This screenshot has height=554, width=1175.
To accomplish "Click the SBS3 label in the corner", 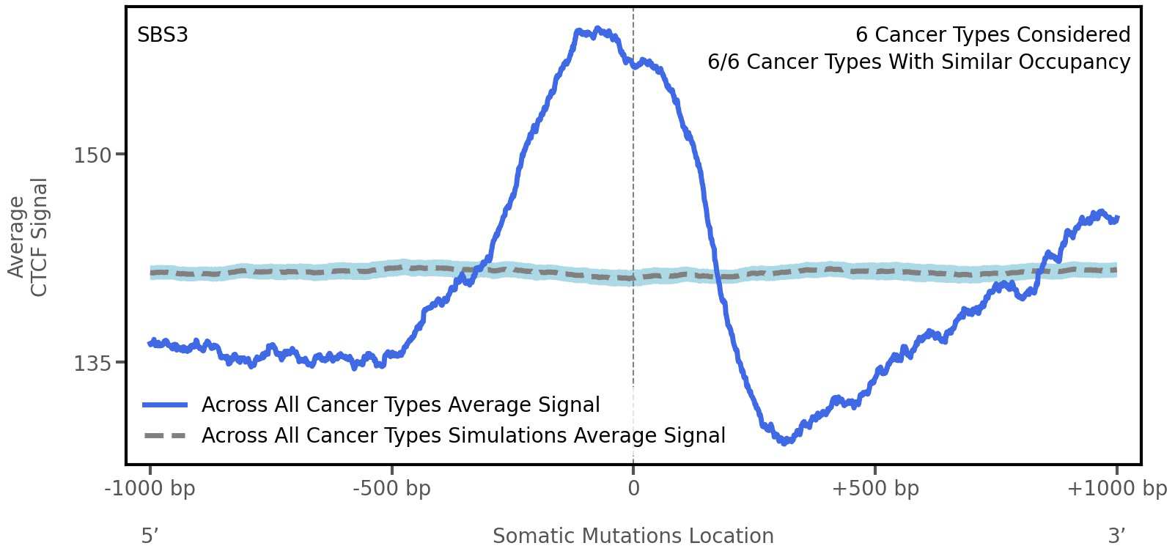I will pos(163,35).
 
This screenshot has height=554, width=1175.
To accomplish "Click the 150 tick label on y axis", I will pos(92,155).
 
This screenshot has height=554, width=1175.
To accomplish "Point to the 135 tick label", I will pos(92,363).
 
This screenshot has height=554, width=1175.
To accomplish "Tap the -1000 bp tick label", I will pos(150,489).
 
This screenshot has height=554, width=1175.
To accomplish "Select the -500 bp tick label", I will pos(391,489).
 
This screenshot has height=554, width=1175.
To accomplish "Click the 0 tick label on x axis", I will pos(633,489).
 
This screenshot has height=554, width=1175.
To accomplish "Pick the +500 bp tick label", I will pos(875,489).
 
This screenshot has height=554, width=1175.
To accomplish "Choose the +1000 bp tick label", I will pos(1116,489).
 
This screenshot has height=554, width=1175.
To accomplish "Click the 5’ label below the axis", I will pos(150,536).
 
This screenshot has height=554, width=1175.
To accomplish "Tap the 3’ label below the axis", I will pos(1116,536).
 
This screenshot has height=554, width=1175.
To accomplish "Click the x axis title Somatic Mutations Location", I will pos(633,536).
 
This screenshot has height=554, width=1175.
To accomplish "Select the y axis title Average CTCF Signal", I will pos(28,237).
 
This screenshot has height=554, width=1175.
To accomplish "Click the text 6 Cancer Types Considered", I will pos(992,35).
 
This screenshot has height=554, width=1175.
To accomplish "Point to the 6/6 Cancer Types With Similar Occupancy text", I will pos(918,62).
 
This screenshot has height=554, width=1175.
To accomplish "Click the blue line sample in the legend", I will pos(166,405).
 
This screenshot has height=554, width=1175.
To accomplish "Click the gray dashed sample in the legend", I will pos(166,436).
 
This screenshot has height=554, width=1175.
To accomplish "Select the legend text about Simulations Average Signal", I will pos(463,436).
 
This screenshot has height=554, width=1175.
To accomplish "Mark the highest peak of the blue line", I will pos(597,30).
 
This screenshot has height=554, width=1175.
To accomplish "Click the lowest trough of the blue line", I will pos(785,442).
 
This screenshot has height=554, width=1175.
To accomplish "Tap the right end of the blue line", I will pos(1116,218).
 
